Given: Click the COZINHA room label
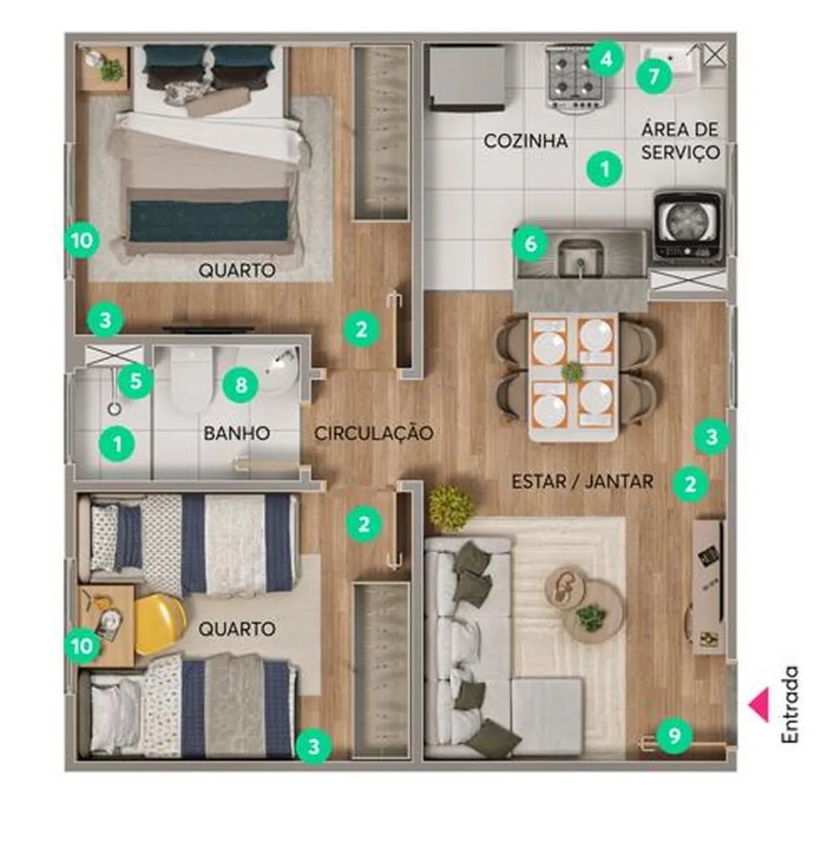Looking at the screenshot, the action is coord(526,141).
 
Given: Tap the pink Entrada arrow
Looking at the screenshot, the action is coord(759,705).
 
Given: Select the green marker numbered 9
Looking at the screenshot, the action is coord(674,736).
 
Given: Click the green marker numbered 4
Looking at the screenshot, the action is coord(606,58).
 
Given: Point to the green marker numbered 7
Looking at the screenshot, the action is coord(653,76).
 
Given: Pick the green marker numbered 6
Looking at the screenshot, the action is coord(531,244).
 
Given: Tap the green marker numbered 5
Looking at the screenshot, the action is coord(136,380).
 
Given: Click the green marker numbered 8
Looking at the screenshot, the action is coord(241,385).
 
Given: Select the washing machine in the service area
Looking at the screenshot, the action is coord(689,227).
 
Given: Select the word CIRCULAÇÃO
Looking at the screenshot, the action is coord(374,433).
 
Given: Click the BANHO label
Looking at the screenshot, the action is coord(237,433).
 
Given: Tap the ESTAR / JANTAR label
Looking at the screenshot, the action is coord(582,481).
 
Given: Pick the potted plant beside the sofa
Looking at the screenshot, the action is coord(451,507).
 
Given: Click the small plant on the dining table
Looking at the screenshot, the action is coord(572,372).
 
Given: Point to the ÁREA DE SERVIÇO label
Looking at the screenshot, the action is coord(680,141).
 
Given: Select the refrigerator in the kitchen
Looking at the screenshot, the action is coord(467,78).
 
